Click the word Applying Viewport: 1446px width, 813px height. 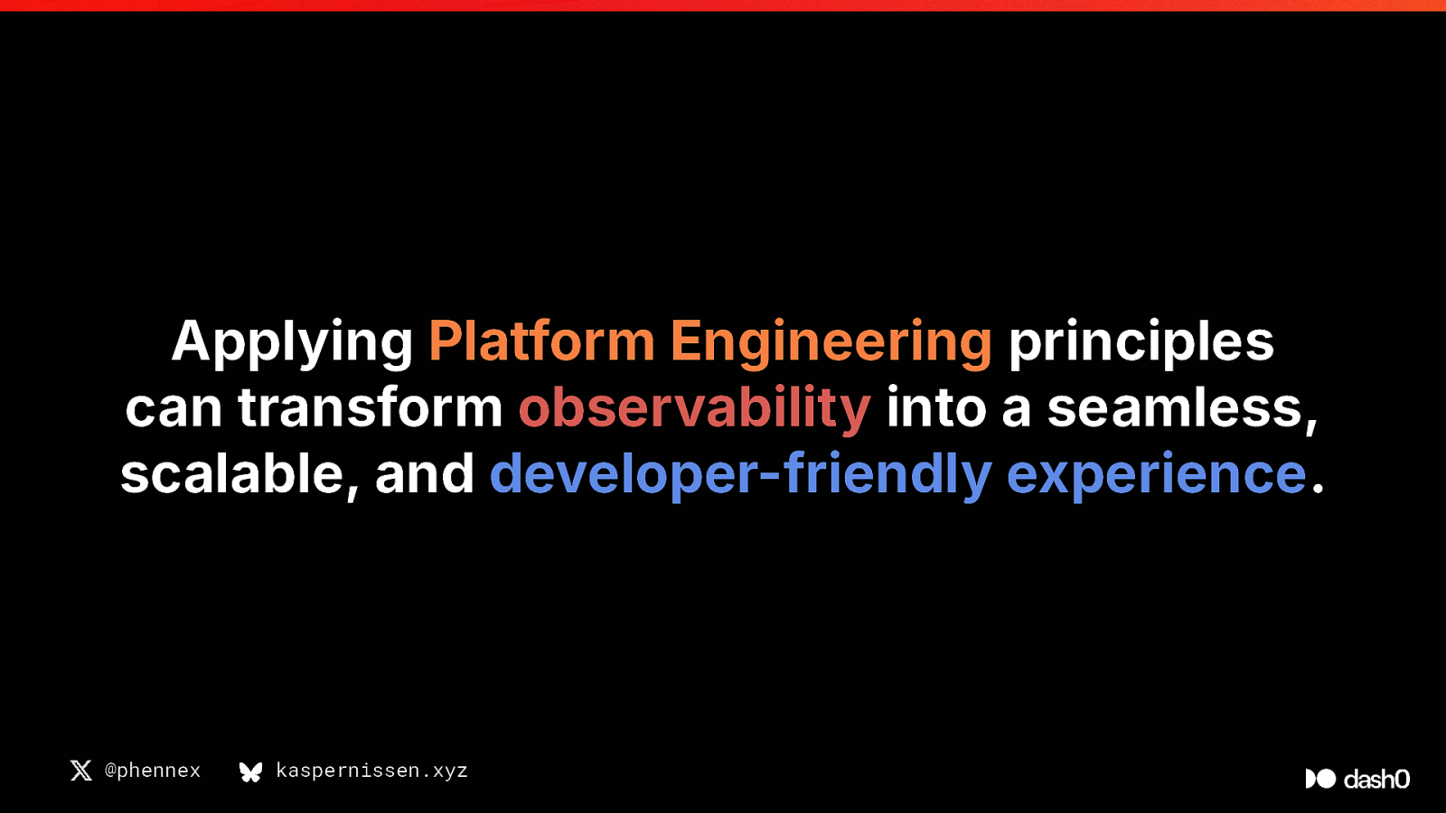(292, 343)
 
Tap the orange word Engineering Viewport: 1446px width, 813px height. (831, 343)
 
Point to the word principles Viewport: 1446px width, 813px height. (1141, 343)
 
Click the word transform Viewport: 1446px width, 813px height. (370, 407)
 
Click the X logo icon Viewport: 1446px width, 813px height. (81, 771)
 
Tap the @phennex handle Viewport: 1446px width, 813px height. (153, 771)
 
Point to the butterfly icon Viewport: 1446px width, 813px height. (250, 771)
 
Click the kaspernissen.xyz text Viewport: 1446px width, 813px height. (371, 771)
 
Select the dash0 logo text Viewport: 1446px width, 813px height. (1376, 779)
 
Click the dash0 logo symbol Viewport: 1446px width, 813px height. (1320, 779)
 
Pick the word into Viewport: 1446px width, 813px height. (936, 407)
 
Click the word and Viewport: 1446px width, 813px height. (425, 473)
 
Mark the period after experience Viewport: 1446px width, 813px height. (1319, 489)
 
